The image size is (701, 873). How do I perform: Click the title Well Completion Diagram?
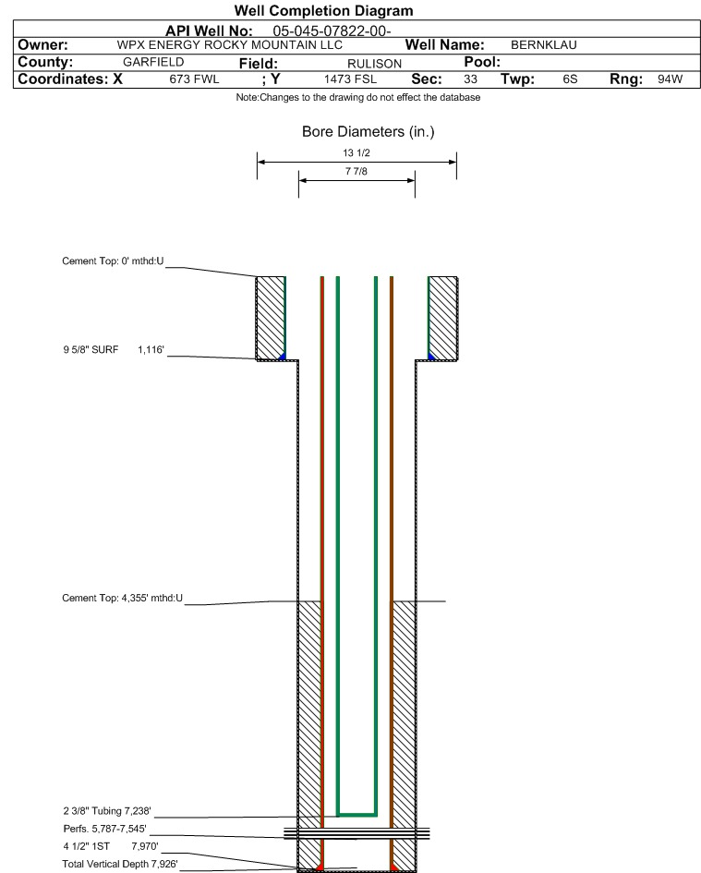(323, 10)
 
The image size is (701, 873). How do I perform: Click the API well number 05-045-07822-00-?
(332, 31)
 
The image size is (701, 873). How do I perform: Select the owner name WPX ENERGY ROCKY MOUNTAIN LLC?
(229, 45)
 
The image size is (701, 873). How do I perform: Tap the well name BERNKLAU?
(543, 45)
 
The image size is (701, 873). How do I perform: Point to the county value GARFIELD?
(153, 63)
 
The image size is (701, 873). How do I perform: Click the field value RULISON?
(374, 64)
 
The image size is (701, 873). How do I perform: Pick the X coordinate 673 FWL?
(194, 79)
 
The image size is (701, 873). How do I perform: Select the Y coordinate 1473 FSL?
(350, 79)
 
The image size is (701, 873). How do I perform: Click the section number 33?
(470, 79)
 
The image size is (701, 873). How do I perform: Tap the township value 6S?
(570, 79)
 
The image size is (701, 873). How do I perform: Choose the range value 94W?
(670, 79)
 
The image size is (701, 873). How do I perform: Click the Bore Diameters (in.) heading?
(368, 132)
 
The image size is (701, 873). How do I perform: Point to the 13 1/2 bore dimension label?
(357, 152)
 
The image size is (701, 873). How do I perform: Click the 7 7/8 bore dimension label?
(357, 172)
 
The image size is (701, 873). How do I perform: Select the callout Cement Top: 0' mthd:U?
(113, 261)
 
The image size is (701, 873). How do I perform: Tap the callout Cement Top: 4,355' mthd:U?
(123, 598)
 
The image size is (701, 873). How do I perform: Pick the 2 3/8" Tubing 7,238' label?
(107, 811)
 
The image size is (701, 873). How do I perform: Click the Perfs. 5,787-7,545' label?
(104, 829)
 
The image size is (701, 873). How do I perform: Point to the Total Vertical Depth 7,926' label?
(120, 864)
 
